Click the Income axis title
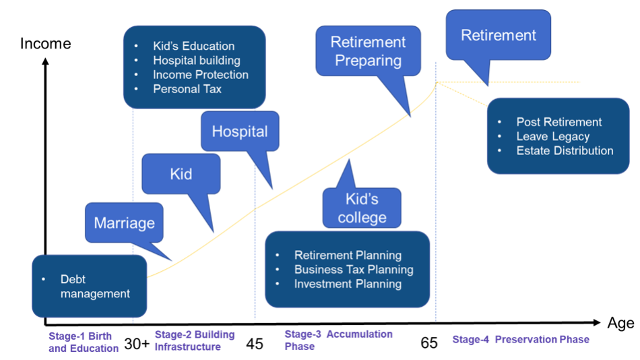(45, 44)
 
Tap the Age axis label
(620, 323)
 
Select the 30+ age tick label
(137, 344)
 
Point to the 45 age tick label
(255, 344)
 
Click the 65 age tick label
(429, 343)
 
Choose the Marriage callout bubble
(124, 223)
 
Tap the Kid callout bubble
(181, 174)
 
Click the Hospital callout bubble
(240, 131)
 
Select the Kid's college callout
(362, 208)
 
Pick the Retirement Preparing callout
(368, 51)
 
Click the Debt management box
(89, 287)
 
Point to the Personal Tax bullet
(187, 89)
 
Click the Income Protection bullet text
(200, 75)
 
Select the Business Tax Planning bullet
(354, 270)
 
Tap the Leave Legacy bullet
(552, 136)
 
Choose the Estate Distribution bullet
(565, 150)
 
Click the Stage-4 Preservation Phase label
(520, 339)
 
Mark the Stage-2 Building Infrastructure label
(194, 340)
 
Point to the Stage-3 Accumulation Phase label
(338, 340)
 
